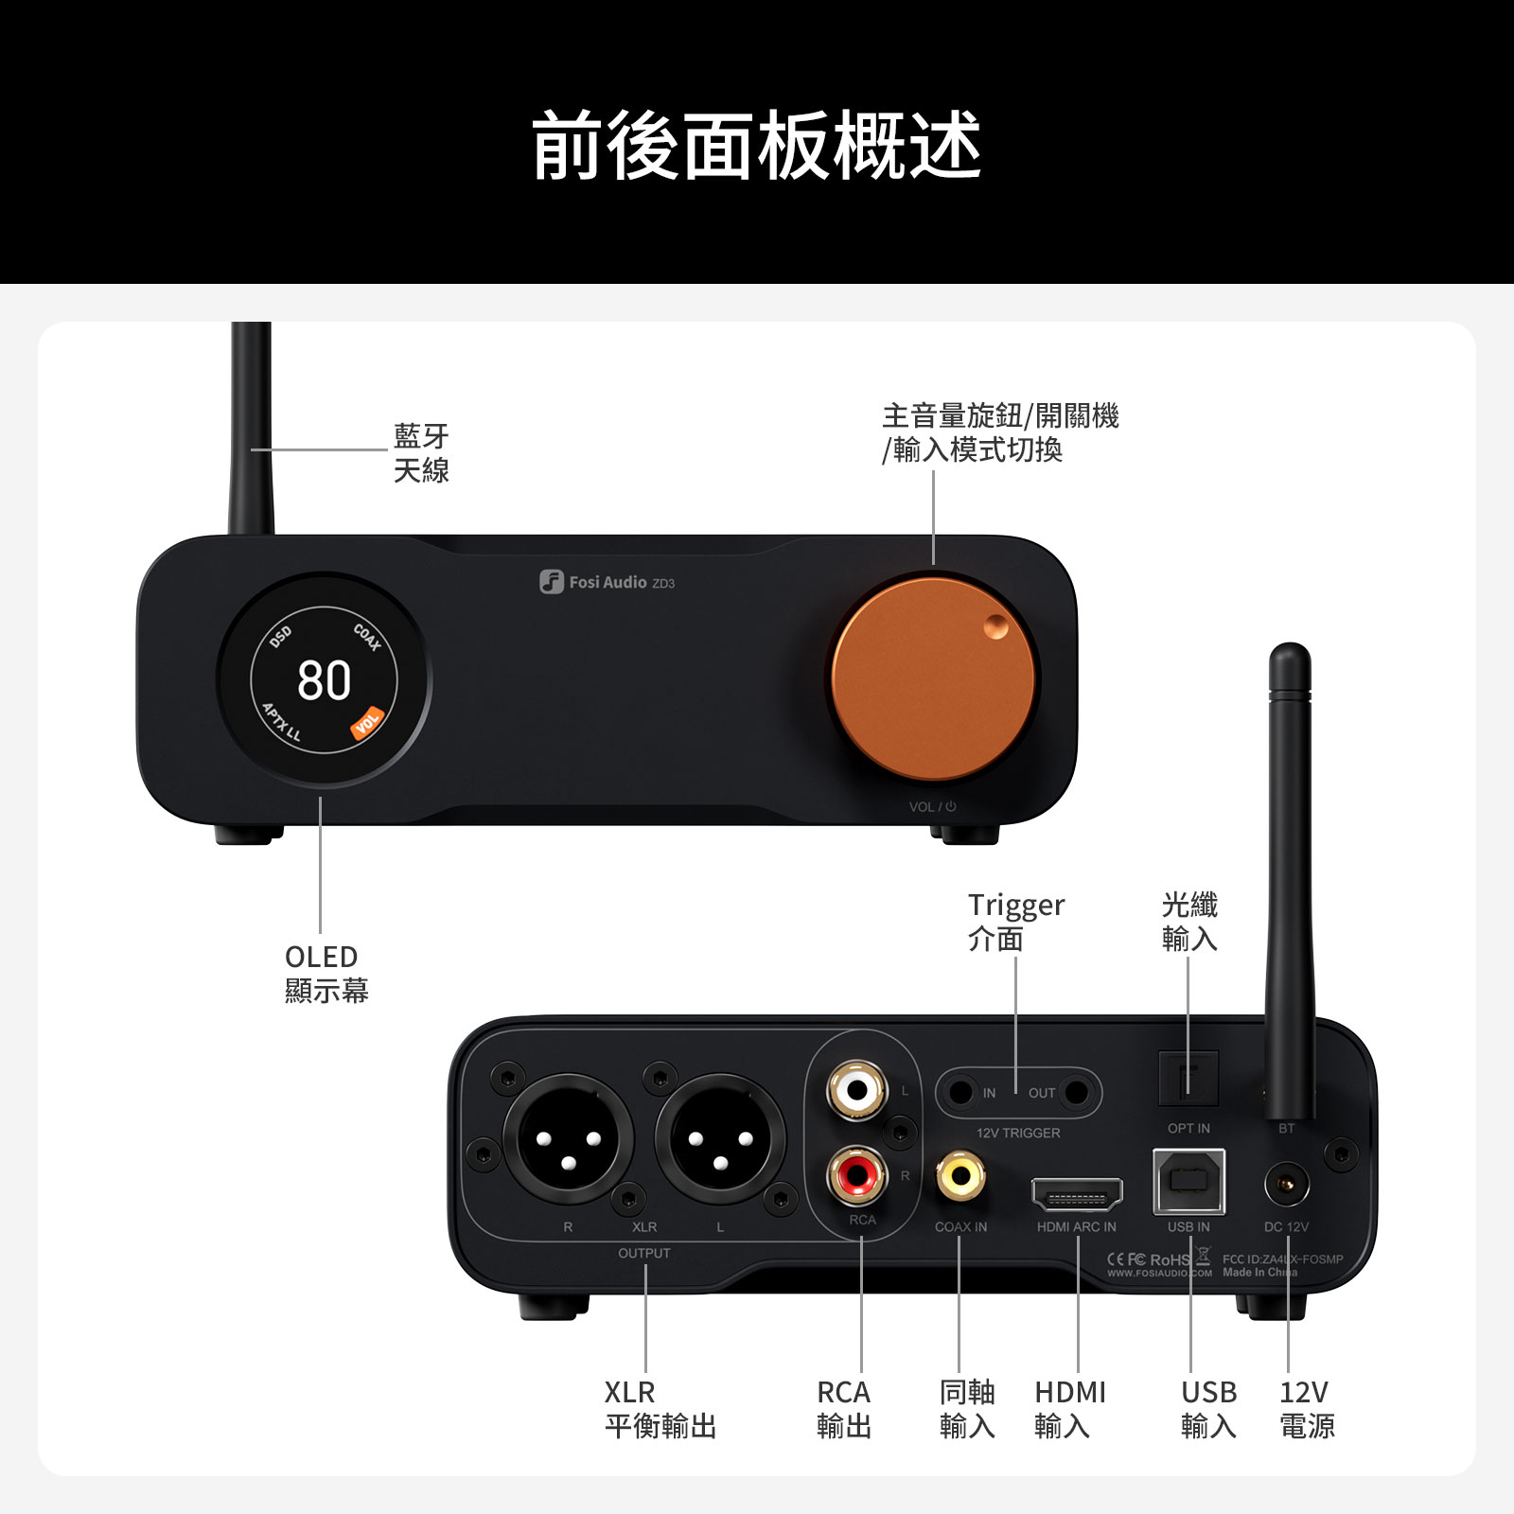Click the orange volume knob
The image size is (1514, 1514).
click(933, 679)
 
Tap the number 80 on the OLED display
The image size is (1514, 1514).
click(324, 680)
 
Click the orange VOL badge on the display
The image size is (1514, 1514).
click(367, 722)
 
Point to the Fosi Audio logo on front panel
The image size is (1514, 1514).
click(607, 582)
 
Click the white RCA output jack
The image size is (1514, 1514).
click(856, 1090)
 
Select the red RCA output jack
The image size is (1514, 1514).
click(857, 1176)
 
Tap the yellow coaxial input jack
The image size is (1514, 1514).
click(960, 1176)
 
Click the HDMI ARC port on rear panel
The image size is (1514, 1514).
click(1077, 1195)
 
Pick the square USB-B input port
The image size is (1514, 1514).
click(1188, 1181)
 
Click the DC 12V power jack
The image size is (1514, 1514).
click(1287, 1184)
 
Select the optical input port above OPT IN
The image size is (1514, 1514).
click(1188, 1078)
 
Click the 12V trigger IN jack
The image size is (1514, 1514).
click(961, 1093)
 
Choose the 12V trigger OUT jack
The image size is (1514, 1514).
click(1076, 1093)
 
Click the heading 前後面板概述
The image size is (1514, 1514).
click(757, 145)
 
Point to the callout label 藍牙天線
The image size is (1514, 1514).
click(421, 453)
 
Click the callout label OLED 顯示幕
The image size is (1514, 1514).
click(326, 974)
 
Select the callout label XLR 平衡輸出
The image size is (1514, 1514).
click(660, 1409)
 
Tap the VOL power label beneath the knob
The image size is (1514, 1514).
click(933, 807)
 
